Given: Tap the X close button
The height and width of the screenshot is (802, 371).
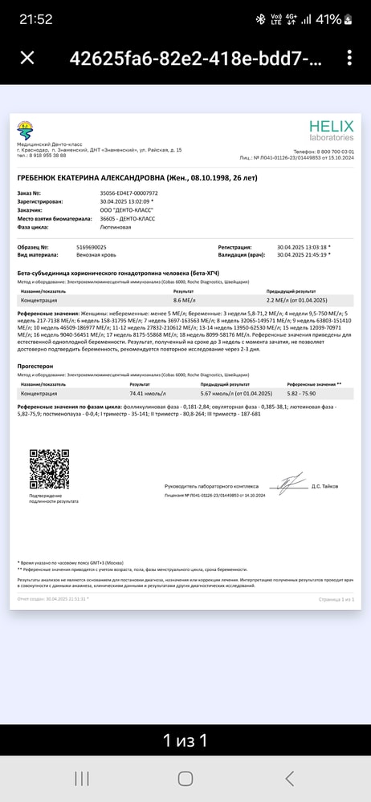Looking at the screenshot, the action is point(27,58).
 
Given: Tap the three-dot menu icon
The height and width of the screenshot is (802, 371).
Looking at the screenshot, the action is point(349,58).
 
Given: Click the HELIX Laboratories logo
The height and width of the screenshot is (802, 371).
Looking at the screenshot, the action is point(331,130).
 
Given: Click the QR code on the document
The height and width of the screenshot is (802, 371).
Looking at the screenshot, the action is point(49,469).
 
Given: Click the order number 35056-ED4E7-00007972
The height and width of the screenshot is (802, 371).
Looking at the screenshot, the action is point(128,193).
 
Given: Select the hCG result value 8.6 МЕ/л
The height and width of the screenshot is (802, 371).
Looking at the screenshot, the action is point(186,299).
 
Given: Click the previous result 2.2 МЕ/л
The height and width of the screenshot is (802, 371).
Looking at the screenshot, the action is point(293,299).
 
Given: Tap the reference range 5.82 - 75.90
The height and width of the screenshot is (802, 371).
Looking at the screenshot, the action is point(304,394).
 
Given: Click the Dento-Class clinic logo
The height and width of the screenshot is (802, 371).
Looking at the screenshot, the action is point(26,128).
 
